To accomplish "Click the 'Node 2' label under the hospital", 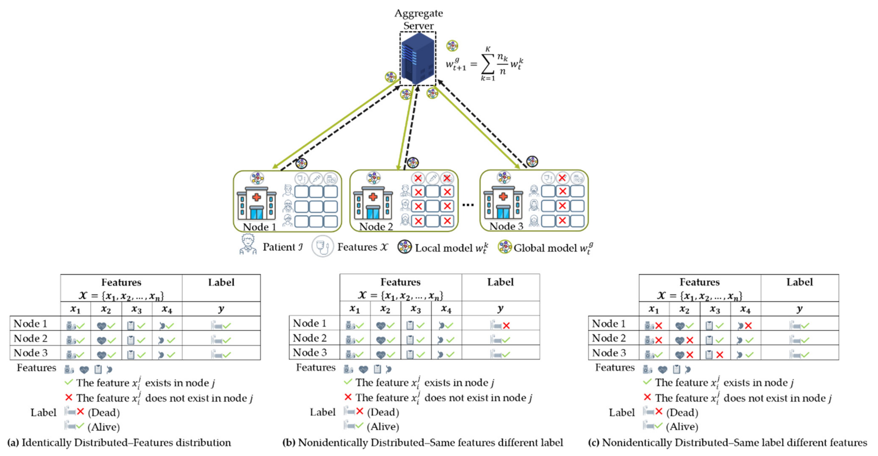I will pos(376,227).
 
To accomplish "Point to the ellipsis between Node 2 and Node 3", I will pos(468,204).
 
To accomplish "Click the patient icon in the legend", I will pos(248,245).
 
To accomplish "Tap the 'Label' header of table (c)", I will pos(799,282).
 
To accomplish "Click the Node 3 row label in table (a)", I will pos(31,353).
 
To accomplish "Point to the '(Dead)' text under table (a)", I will pos(104,412).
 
